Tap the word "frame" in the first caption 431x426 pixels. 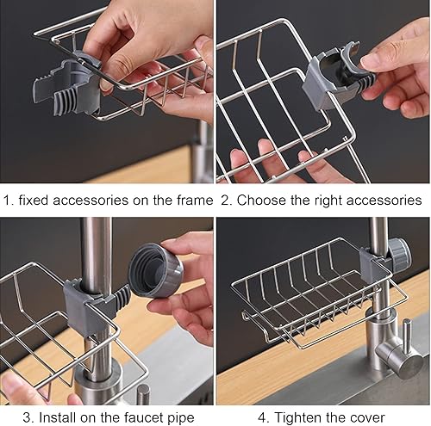[x=191, y=200]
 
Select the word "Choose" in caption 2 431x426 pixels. [x=262, y=200]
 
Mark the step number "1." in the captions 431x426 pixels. [x=8, y=200]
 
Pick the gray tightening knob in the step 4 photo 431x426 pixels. [x=397, y=255]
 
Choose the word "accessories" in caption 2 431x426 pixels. [x=383, y=200]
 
